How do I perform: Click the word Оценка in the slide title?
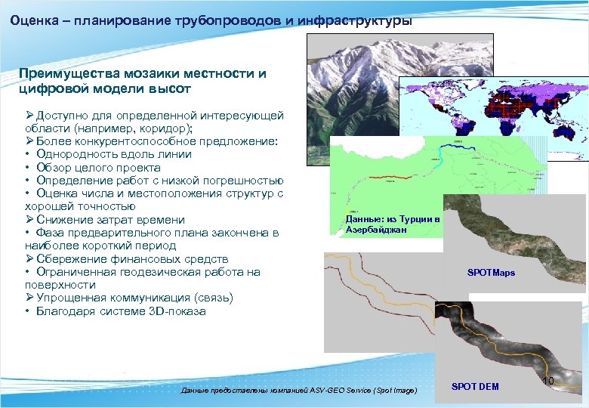(33, 20)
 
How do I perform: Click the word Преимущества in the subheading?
(69, 74)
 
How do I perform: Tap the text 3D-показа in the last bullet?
(180, 311)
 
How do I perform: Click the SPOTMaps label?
(491, 272)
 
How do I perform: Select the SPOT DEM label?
(475, 387)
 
